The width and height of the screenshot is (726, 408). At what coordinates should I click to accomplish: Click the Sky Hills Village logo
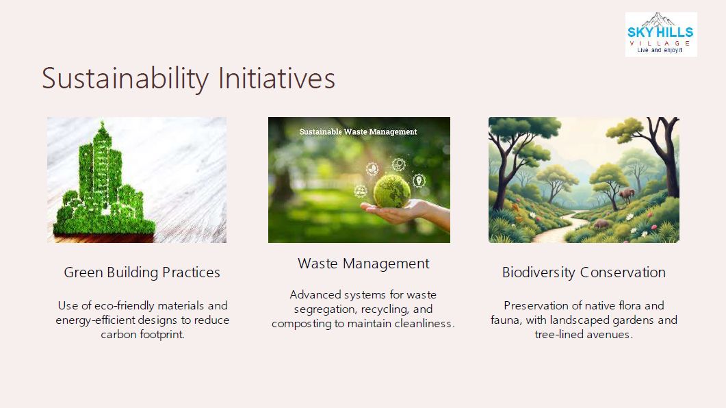coord(661,35)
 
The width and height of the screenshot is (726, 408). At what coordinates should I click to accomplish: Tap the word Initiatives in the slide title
coord(276,78)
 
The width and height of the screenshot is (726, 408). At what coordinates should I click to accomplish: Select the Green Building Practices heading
coord(142,272)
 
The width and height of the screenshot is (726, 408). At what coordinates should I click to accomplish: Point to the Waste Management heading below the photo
coord(363,264)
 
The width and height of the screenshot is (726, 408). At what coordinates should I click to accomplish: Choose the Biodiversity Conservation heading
coord(584,272)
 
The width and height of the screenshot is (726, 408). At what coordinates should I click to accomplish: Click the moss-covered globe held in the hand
coord(391,192)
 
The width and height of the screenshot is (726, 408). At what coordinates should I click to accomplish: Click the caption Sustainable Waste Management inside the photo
coord(359,132)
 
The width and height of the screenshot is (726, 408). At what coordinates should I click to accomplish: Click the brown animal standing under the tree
coord(627,195)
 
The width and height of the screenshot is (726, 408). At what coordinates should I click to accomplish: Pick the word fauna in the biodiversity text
coord(506,320)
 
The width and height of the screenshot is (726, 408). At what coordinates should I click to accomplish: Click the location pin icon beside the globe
coord(419,181)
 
